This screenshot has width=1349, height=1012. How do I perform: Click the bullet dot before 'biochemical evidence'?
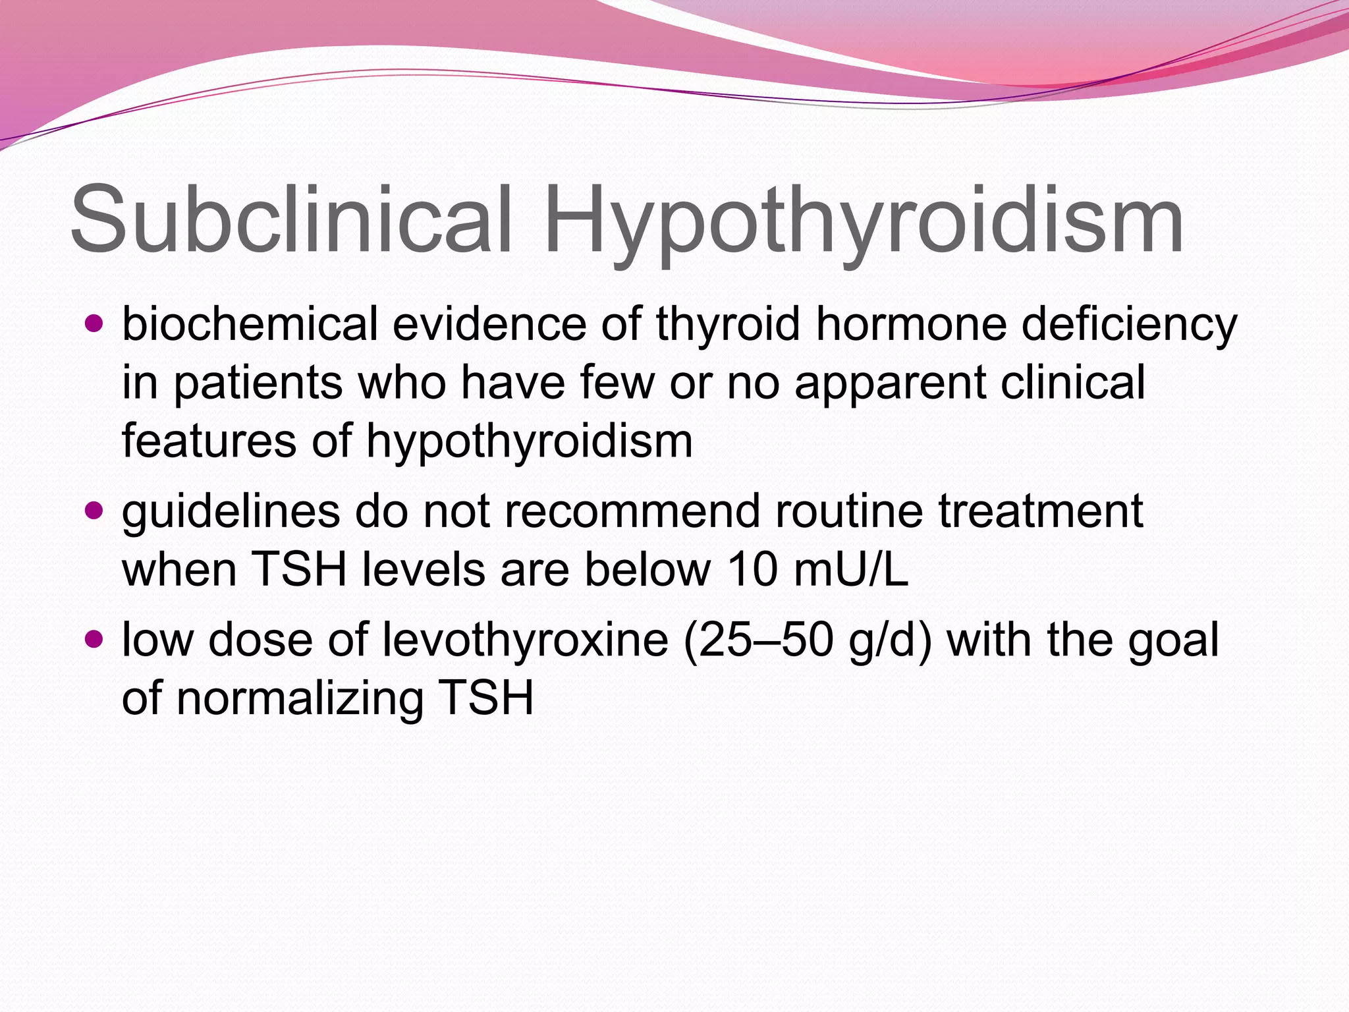pos(95,324)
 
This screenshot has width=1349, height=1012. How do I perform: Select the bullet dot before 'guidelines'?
pos(95,511)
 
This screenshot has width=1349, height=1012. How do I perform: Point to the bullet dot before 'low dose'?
pos(95,639)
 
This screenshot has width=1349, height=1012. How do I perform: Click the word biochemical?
pos(250,324)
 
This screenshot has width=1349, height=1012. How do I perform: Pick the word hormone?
pos(912,324)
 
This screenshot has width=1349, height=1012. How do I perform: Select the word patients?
pos(258,383)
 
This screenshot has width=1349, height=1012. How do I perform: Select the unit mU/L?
pos(851,569)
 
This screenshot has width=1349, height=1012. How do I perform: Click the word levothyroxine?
pos(526,640)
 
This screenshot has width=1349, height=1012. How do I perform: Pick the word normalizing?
pos(300,698)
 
